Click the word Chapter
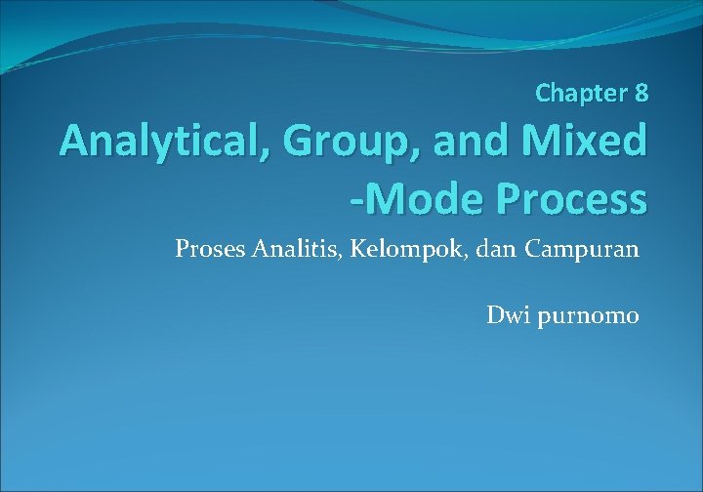(x=582, y=94)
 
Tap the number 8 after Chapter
(x=641, y=94)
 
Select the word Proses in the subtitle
(x=209, y=249)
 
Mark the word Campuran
(x=581, y=249)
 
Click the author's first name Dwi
(x=506, y=316)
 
